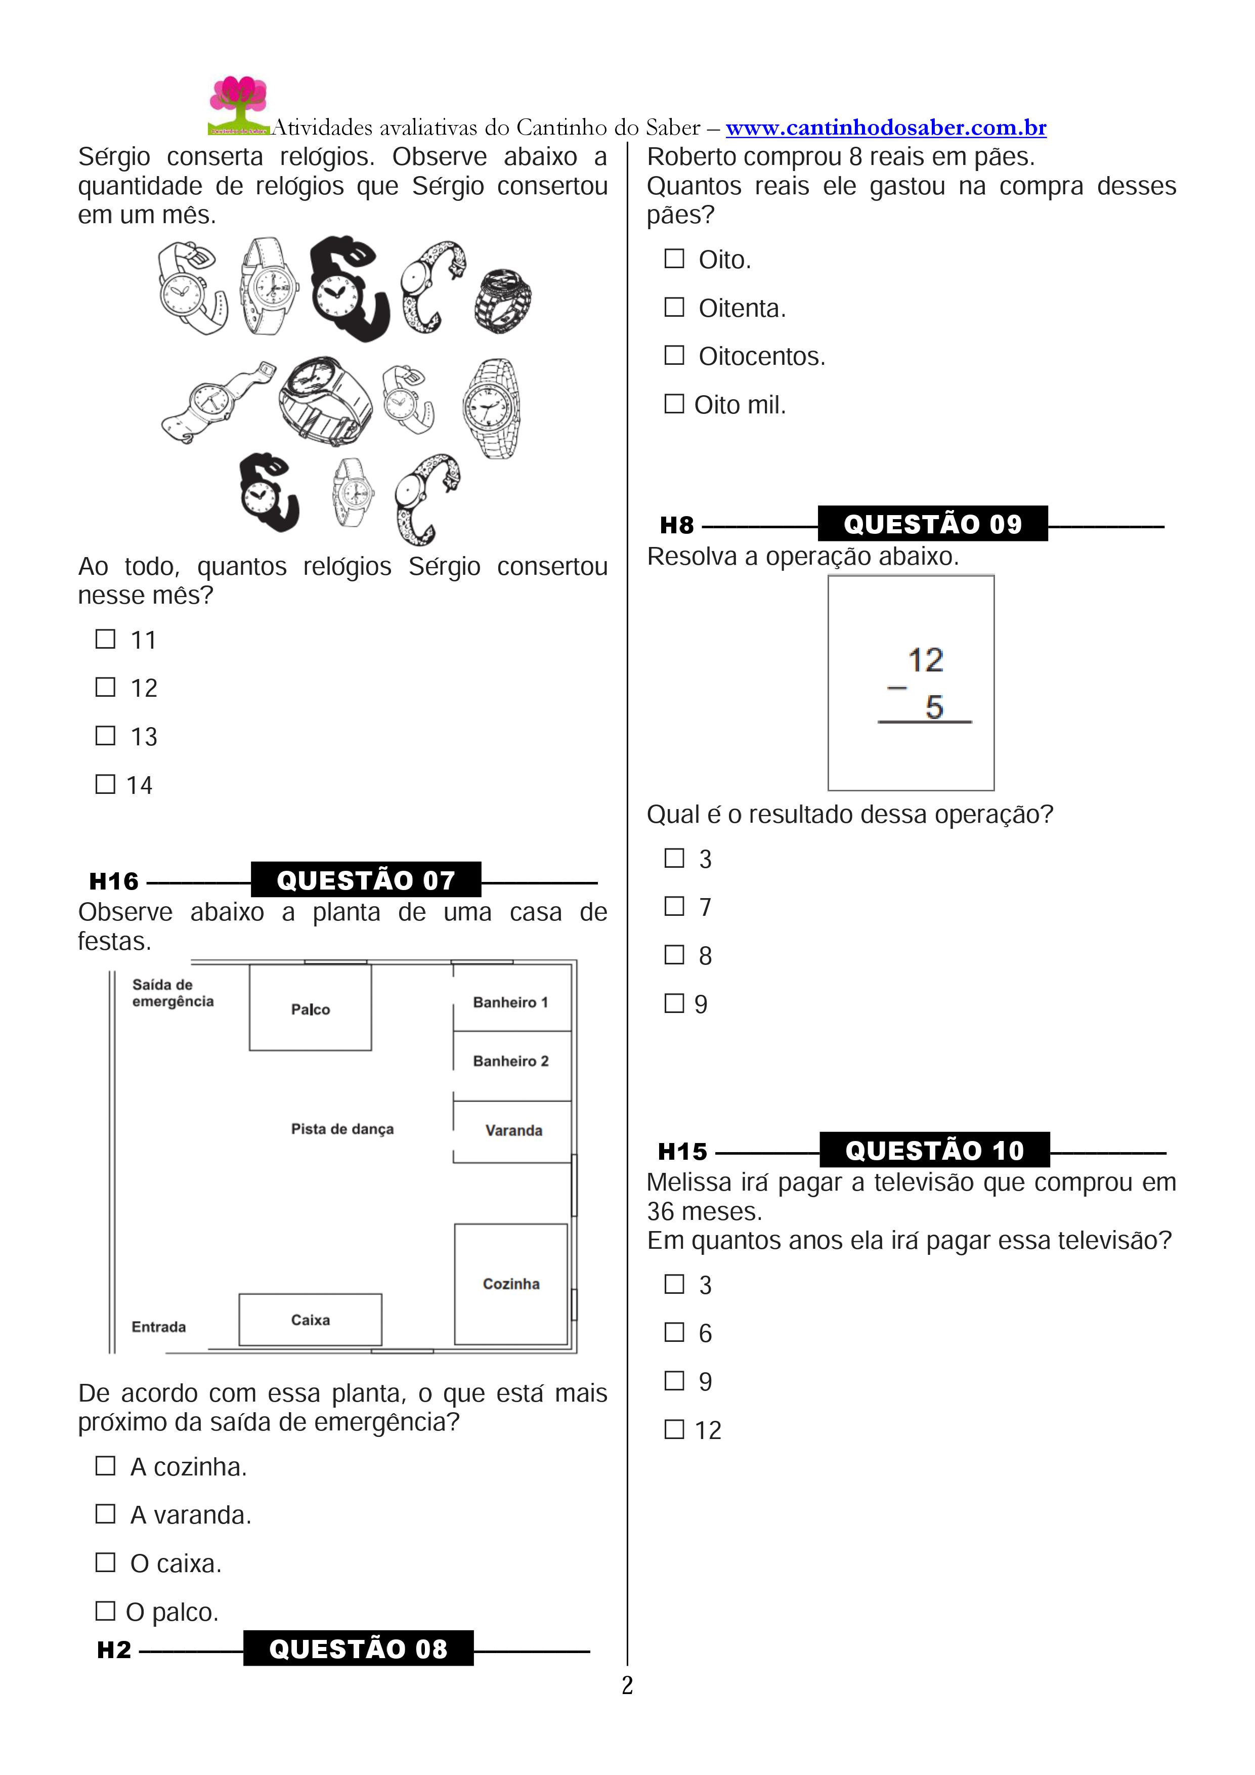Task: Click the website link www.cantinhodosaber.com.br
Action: (x=886, y=128)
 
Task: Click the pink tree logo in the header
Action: (x=238, y=104)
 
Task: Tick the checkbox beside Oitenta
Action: (x=675, y=307)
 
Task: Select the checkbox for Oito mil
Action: (x=675, y=404)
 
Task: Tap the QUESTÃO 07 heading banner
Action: (x=366, y=880)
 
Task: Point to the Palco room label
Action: (x=310, y=1009)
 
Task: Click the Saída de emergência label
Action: (x=172, y=993)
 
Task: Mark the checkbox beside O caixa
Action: (x=105, y=1562)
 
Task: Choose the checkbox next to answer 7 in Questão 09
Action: (x=675, y=906)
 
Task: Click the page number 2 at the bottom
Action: (x=627, y=1685)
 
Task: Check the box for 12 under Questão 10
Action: (x=675, y=1429)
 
